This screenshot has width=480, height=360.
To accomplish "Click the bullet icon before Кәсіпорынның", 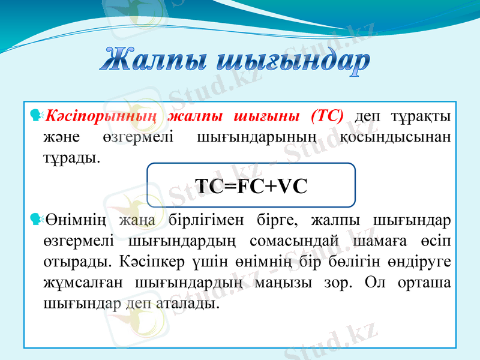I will point(34,114).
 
